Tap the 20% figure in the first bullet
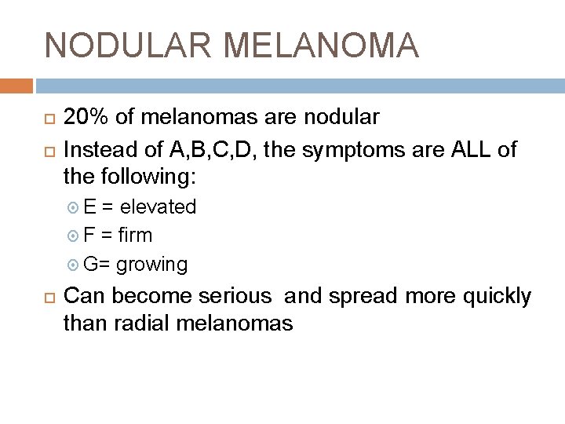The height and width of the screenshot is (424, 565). pyautogui.click(x=86, y=118)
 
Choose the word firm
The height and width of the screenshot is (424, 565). pyautogui.click(x=136, y=235)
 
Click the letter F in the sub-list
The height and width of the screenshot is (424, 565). pyautogui.click(x=89, y=235)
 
